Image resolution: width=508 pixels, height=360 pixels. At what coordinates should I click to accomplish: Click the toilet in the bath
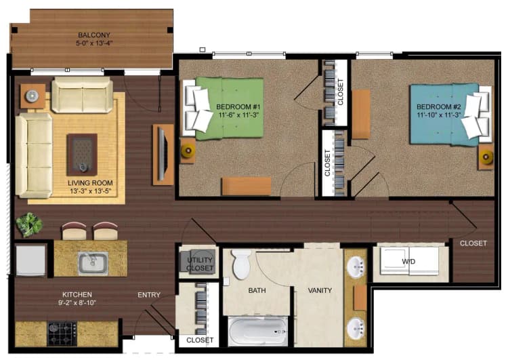point(240,264)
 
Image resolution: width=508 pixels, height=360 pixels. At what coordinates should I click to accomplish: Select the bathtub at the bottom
point(257,332)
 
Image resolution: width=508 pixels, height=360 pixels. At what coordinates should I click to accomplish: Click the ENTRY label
point(149,295)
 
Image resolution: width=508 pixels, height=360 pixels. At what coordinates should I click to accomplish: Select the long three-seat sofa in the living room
point(33,155)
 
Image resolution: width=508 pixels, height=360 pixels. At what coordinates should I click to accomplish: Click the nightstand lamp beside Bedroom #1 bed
point(187,150)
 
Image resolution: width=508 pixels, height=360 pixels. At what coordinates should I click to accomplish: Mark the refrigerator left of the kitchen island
point(30,260)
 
